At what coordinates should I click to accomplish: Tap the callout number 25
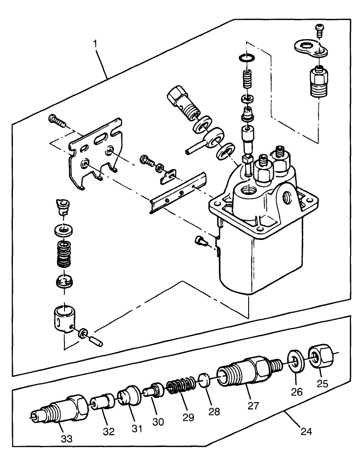tap(323, 383)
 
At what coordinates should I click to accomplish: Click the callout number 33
tap(67, 438)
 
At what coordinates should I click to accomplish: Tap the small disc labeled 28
tap(206, 380)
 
